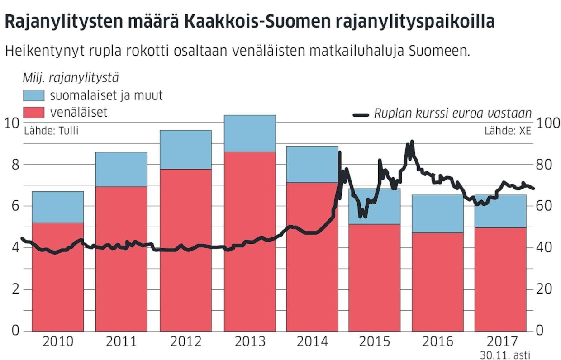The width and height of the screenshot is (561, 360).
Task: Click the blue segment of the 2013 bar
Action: tap(250, 133)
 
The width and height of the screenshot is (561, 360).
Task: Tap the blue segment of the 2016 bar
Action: tap(437, 213)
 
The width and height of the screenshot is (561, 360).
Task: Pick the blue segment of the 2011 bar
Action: tap(121, 169)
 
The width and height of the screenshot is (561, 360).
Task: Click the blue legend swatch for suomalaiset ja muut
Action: tap(33, 95)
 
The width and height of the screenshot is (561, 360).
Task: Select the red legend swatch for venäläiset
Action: tap(33, 112)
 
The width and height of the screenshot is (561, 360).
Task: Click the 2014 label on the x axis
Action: tap(312, 341)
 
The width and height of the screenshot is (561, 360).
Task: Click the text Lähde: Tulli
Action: tap(51, 131)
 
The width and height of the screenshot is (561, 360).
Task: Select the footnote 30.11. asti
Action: tap(505, 355)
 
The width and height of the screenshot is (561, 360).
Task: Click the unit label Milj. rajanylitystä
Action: tap(71, 78)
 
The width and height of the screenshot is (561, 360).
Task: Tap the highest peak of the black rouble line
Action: tap(411, 142)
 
